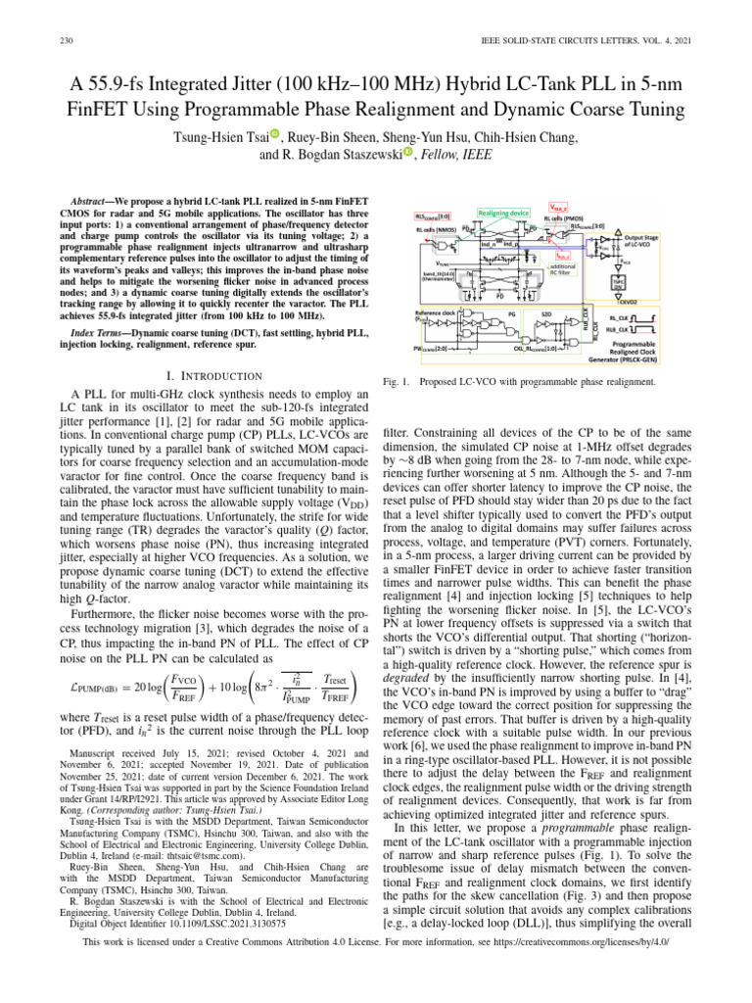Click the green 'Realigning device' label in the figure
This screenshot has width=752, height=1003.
tap(503, 213)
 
